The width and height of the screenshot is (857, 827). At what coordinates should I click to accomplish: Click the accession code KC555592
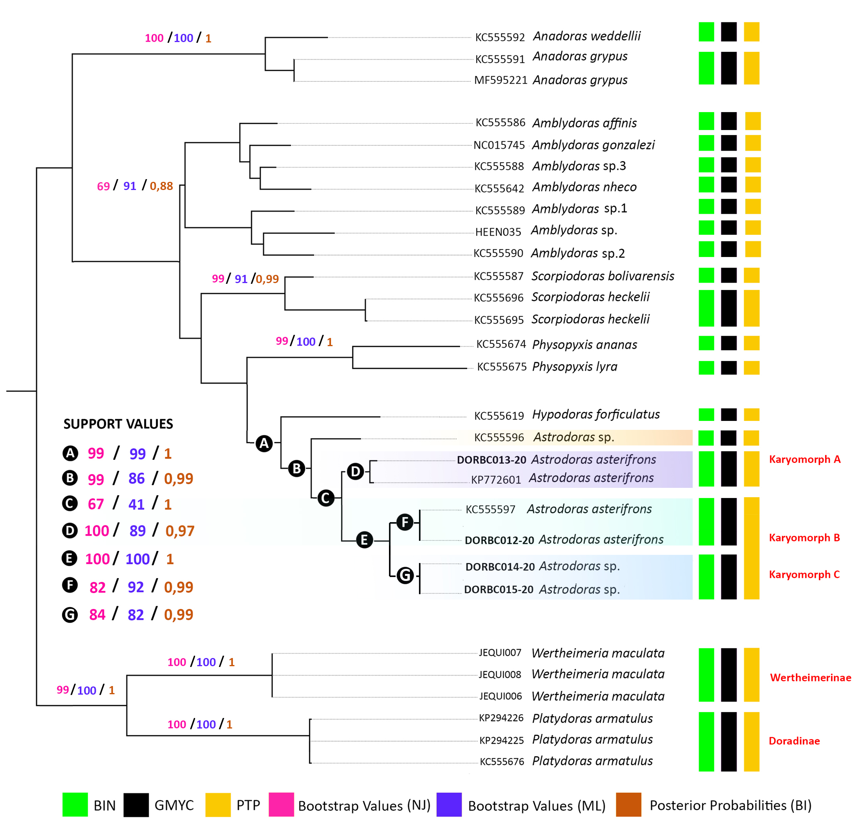(500, 37)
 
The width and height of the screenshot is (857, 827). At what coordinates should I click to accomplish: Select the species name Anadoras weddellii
(587, 36)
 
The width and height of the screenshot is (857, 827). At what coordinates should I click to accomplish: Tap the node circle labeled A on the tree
(264, 443)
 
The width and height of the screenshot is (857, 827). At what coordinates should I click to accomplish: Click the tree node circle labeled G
(405, 575)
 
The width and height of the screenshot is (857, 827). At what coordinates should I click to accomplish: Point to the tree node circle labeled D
(355, 472)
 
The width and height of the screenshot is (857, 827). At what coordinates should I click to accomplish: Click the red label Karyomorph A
(804, 459)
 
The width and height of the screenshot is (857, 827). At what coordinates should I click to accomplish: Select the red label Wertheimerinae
(810, 677)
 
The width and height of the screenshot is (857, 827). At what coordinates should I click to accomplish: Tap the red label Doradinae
(794, 741)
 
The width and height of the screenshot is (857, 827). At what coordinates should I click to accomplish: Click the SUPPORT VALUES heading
(118, 424)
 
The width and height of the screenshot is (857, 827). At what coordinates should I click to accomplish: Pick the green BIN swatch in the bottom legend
(75, 805)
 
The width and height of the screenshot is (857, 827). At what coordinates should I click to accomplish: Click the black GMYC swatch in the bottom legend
(136, 805)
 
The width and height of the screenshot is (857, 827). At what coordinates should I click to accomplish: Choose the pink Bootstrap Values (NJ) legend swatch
(281, 805)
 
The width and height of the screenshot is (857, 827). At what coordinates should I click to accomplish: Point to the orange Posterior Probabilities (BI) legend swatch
(628, 805)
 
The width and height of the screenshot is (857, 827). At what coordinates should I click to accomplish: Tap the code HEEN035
(498, 232)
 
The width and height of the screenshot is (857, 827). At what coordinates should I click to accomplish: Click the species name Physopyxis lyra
(575, 366)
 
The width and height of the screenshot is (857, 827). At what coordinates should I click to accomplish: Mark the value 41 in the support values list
(136, 505)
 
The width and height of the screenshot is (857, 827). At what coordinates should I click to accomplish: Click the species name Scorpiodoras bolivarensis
(602, 276)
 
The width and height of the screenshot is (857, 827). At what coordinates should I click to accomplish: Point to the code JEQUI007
(500, 653)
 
